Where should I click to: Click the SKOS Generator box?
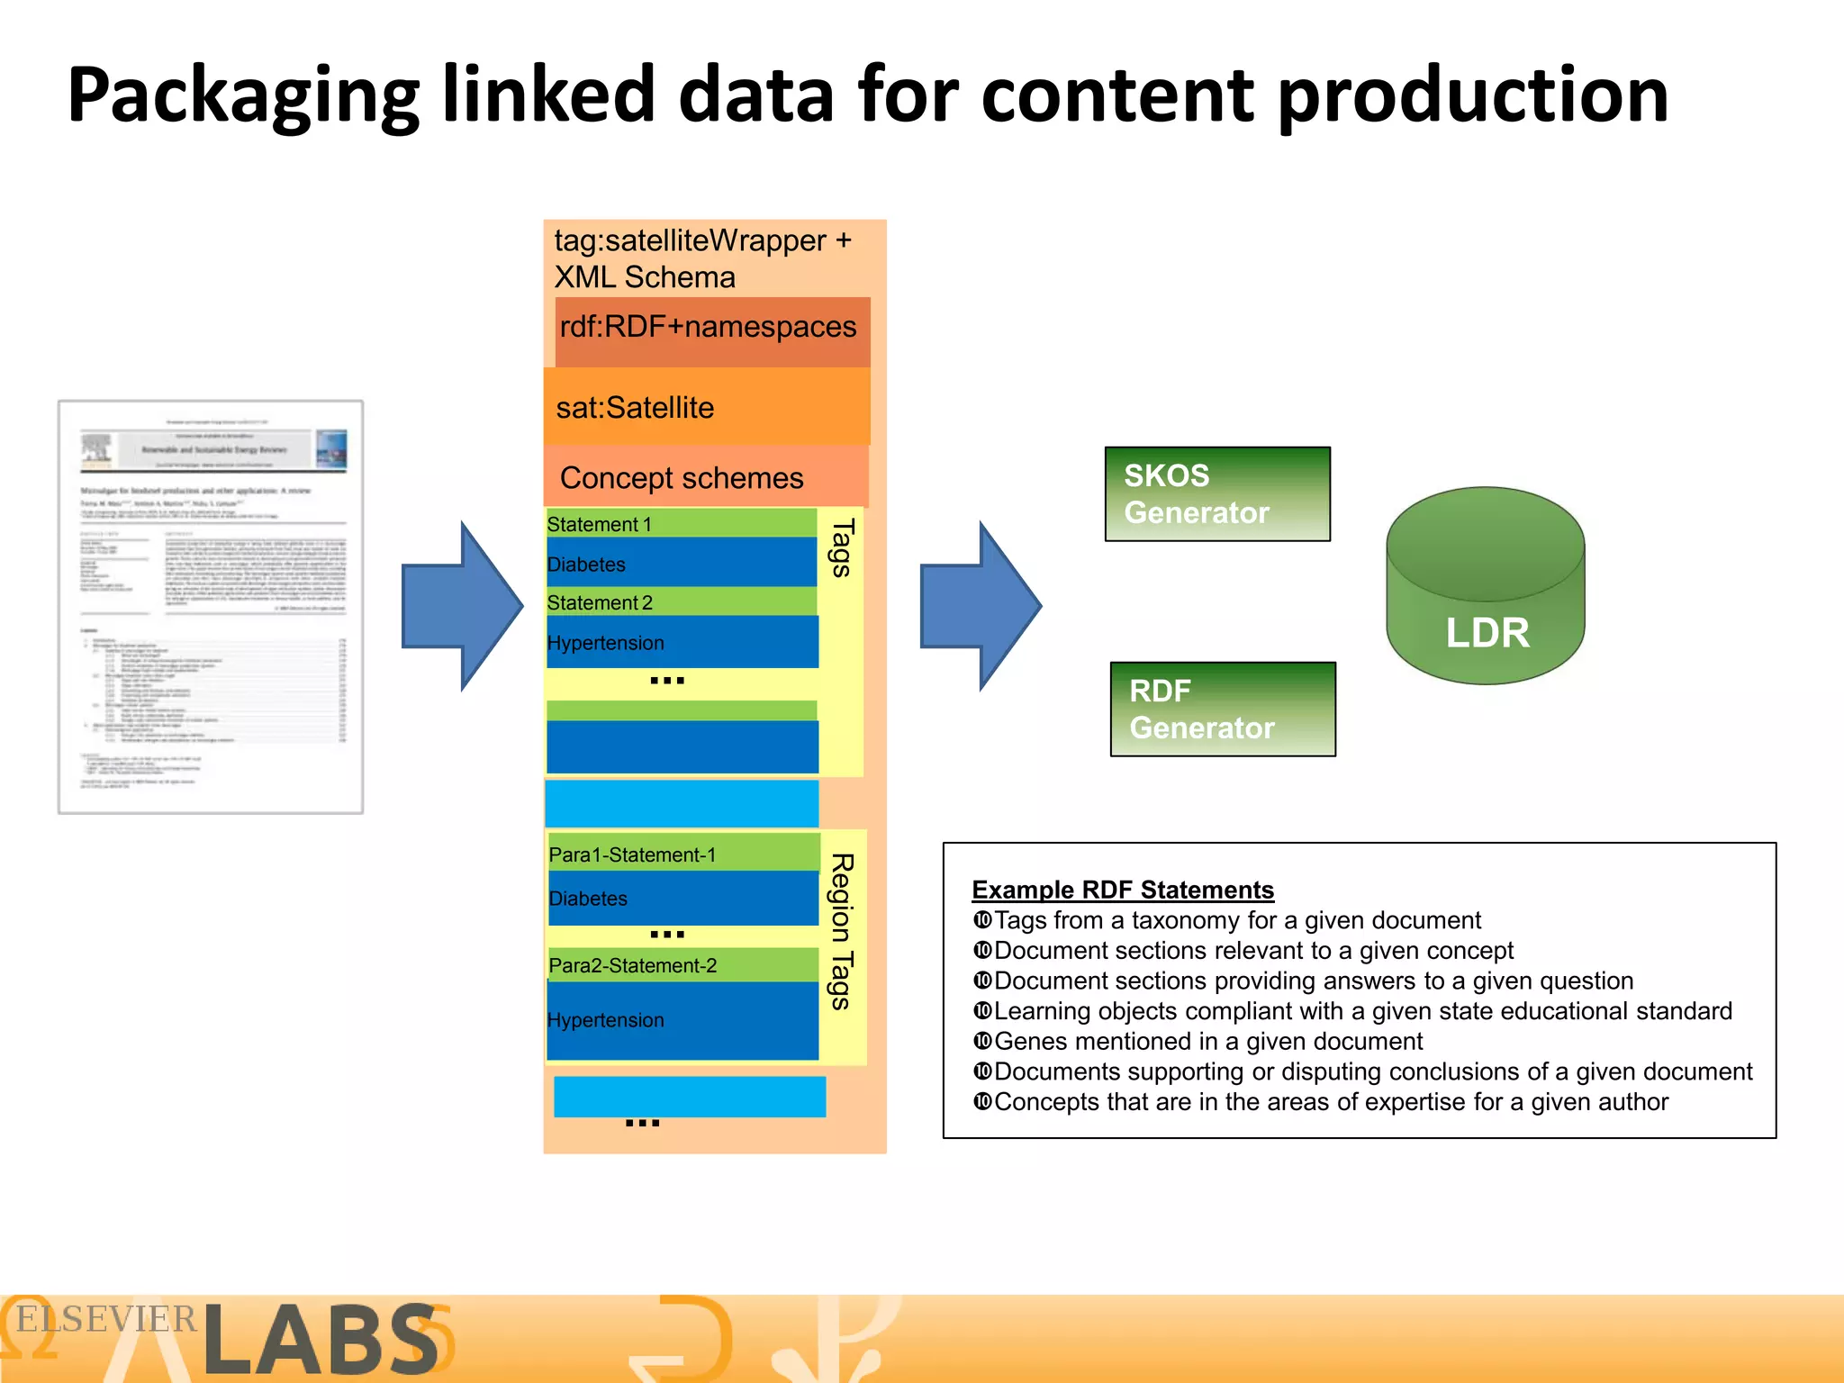1216,493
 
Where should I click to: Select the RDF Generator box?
1222,709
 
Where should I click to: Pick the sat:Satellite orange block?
707,407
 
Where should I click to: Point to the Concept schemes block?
705,477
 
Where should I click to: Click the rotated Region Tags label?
842,931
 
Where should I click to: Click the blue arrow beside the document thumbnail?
461,606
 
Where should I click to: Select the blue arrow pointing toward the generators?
980,606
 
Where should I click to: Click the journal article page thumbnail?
211,607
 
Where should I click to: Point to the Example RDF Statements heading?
1123,890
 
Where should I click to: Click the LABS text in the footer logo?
321,1341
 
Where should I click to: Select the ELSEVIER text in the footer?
106,1319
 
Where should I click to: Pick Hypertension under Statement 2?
606,643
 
